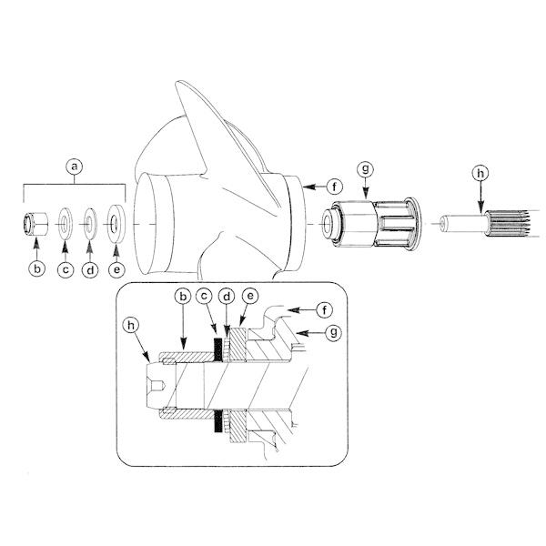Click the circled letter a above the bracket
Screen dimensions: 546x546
(x=76, y=167)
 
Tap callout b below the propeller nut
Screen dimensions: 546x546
(x=36, y=268)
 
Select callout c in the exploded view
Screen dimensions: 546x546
(x=65, y=268)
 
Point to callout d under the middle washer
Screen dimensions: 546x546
(x=89, y=268)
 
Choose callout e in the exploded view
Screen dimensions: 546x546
(x=116, y=268)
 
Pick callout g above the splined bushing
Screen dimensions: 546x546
(x=366, y=168)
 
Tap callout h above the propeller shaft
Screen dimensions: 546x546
(x=480, y=172)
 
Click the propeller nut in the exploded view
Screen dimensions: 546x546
(x=35, y=224)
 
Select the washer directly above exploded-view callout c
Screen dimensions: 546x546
(x=65, y=224)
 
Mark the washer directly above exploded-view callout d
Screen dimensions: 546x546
(x=89, y=224)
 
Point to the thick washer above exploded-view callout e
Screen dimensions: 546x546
(x=116, y=224)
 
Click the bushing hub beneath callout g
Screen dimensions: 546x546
(x=373, y=224)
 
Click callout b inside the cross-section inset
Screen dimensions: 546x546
(x=181, y=297)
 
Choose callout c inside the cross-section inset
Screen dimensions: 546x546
(x=205, y=297)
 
